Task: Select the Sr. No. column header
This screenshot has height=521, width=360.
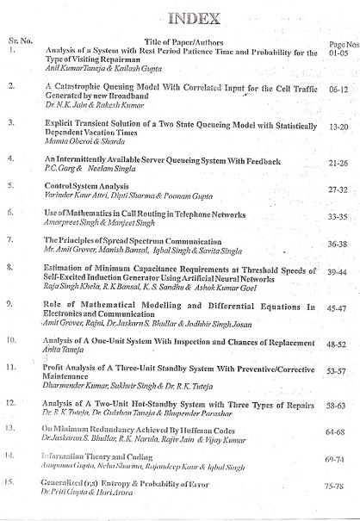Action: coord(18,40)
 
